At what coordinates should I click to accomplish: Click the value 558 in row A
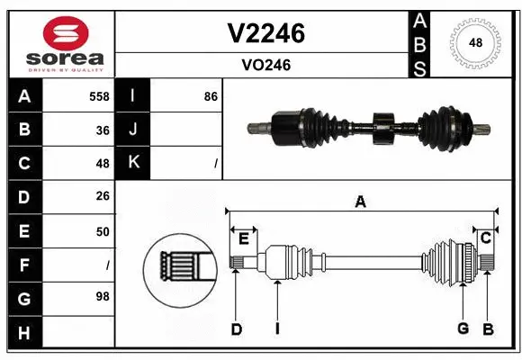100,95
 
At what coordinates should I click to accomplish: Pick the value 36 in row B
103,130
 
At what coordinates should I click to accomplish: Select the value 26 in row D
103,197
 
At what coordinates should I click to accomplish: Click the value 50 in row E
103,231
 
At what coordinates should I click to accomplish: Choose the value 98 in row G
103,296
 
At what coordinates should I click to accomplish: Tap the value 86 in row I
211,95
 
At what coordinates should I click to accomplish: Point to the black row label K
134,163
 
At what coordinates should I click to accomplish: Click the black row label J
134,130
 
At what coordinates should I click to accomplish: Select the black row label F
24,265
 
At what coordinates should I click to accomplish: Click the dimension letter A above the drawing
360,202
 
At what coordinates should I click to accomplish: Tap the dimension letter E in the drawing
243,237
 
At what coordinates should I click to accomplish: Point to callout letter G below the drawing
463,328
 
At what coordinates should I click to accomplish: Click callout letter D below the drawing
236,328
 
